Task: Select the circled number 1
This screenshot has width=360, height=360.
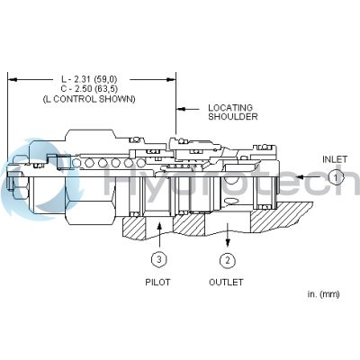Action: click(x=335, y=178)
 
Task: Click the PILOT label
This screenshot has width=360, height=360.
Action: click(x=158, y=282)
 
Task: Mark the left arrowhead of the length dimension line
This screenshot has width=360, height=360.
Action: click(x=13, y=78)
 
